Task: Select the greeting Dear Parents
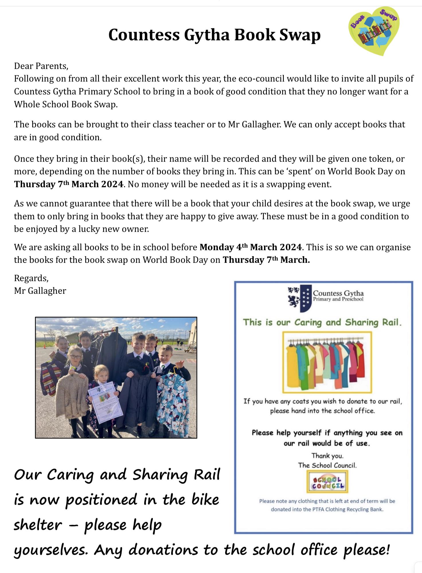click(41, 66)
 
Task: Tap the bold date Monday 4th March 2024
click(251, 247)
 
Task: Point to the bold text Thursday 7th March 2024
click(69, 184)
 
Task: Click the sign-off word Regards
click(31, 278)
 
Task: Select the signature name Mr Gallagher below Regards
click(40, 291)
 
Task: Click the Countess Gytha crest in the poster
click(300, 299)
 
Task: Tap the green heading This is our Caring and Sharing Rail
click(322, 322)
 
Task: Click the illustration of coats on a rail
click(327, 362)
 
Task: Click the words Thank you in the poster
click(327, 455)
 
